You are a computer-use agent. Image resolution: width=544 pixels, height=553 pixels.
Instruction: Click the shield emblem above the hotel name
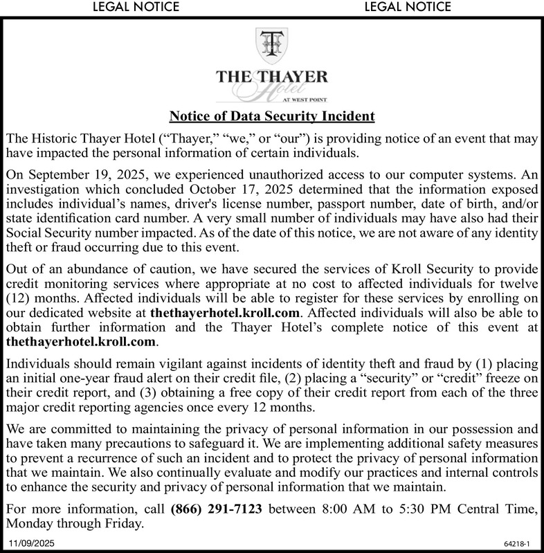coord(271,43)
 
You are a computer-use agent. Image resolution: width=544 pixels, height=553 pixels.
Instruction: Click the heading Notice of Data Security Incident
coord(272,116)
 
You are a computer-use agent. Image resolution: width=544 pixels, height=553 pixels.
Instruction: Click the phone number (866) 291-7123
coord(216,511)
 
